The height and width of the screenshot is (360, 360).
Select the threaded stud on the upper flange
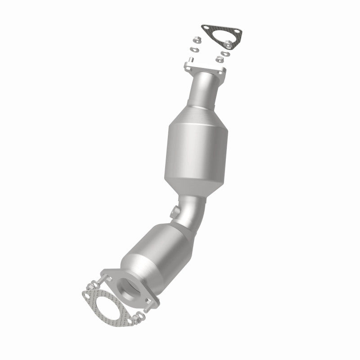point(191,60)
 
